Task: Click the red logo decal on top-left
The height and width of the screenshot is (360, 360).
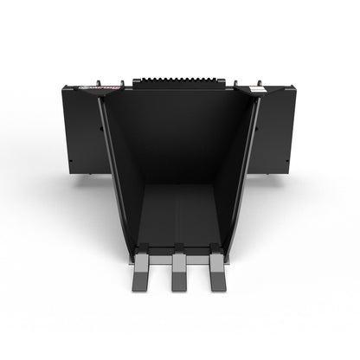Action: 96,87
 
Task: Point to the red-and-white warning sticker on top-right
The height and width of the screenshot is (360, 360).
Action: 256,89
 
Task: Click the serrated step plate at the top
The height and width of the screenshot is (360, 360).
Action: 180,80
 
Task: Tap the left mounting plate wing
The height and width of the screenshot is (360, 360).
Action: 82,130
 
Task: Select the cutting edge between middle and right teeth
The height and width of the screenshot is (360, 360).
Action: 198,256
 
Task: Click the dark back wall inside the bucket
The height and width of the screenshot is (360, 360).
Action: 180,138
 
